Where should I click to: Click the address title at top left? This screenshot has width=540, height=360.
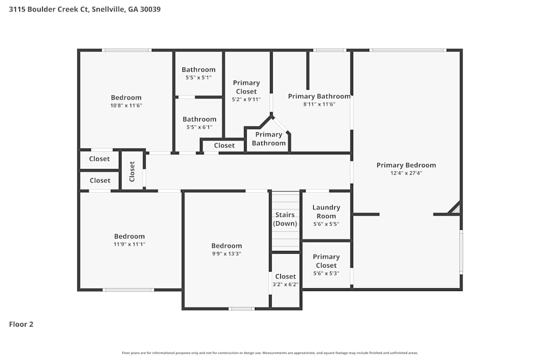pyautogui.click(x=85, y=9)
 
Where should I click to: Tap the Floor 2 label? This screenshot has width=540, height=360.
pyautogui.click(x=21, y=324)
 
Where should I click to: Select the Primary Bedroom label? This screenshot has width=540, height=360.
pyautogui.click(x=406, y=165)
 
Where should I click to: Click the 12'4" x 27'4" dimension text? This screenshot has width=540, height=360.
pyautogui.click(x=406, y=173)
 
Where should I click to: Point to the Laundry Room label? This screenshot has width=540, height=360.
pyautogui.click(x=326, y=212)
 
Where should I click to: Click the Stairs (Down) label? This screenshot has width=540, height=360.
pyautogui.click(x=285, y=219)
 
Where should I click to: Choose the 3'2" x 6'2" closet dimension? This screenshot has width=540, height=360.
pyautogui.click(x=286, y=284)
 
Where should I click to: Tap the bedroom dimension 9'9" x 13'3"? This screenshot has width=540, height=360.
pyautogui.click(x=226, y=254)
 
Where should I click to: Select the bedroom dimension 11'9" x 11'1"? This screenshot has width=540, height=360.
pyautogui.click(x=129, y=244)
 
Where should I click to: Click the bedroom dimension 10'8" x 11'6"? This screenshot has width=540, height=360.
pyautogui.click(x=126, y=106)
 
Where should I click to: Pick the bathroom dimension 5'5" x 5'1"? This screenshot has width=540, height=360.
pyautogui.click(x=198, y=78)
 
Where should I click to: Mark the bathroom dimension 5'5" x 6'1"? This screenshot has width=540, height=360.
pyautogui.click(x=199, y=127)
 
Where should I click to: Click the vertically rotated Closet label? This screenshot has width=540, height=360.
pyautogui.click(x=132, y=171)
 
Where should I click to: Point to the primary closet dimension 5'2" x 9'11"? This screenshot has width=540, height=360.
pyautogui.click(x=246, y=99)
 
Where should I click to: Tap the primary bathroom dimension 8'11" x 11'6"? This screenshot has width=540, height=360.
pyautogui.click(x=319, y=104)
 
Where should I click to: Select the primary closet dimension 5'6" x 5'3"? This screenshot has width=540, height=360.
pyautogui.click(x=326, y=273)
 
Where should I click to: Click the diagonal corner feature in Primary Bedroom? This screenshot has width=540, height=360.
pyautogui.click(x=455, y=208)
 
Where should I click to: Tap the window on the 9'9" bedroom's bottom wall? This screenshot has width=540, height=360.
pyautogui.click(x=241, y=309)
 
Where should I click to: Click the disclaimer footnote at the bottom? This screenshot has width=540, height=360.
pyautogui.click(x=270, y=352)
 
